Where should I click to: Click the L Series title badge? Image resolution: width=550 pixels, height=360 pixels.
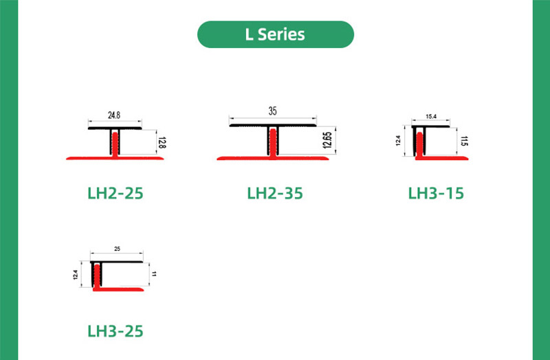click(x=275, y=34)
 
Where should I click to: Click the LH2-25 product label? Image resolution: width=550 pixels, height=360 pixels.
click(x=115, y=193)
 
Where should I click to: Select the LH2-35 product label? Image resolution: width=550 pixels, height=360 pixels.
click(x=274, y=193)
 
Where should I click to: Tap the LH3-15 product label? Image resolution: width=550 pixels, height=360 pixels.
click(x=436, y=193)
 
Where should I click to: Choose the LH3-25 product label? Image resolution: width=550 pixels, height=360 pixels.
click(x=115, y=330)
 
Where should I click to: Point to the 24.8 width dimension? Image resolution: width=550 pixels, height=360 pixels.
click(x=115, y=115)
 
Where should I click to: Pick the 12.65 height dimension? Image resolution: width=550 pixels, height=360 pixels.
click(x=327, y=141)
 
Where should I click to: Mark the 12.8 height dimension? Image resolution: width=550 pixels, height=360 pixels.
click(x=162, y=143)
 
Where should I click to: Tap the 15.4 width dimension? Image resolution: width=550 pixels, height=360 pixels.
click(x=432, y=117)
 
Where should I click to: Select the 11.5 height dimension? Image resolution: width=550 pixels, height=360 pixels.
click(x=465, y=142)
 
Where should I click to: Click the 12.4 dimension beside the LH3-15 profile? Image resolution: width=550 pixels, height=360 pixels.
click(x=398, y=141)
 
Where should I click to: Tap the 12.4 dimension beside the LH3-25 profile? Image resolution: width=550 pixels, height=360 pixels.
click(x=76, y=275)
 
